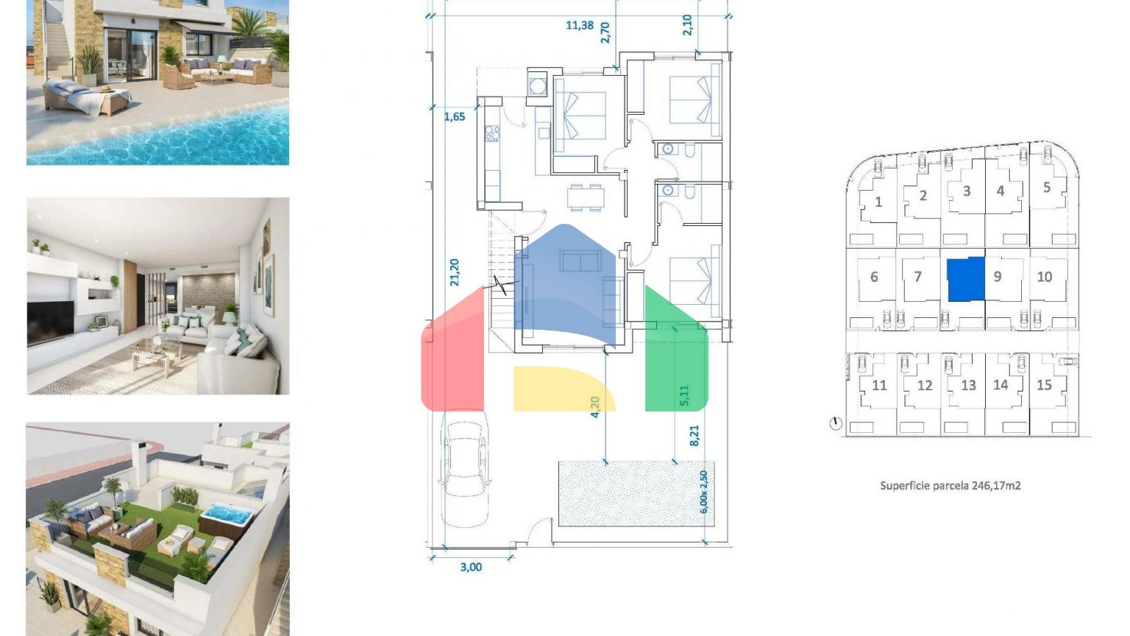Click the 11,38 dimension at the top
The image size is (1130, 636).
pyautogui.click(x=580, y=25)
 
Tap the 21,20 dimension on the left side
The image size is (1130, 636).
pyautogui.click(x=455, y=272)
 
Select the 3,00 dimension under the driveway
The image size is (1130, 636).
pyautogui.click(x=471, y=567)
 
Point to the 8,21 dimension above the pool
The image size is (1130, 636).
pyautogui.click(x=694, y=436)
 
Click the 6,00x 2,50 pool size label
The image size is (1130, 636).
pyautogui.click(x=704, y=492)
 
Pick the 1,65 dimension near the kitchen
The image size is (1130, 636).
pyautogui.click(x=455, y=116)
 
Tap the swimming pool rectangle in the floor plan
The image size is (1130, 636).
pyautogui.click(x=636, y=494)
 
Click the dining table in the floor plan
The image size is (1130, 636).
pyautogui.click(x=586, y=197)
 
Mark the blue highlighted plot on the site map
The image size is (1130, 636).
pyautogui.click(x=965, y=279)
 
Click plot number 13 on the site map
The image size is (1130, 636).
pyautogui.click(x=968, y=385)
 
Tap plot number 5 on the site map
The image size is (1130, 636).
pyautogui.click(x=1047, y=187)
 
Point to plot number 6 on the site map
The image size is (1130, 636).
pyautogui.click(x=874, y=277)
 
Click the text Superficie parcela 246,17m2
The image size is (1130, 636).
pyautogui.click(x=950, y=486)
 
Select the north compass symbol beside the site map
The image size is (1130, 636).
pyautogui.click(x=836, y=423)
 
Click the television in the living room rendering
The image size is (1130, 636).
pyautogui.click(x=51, y=322)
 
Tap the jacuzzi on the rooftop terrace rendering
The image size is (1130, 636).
pyautogui.click(x=226, y=517)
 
